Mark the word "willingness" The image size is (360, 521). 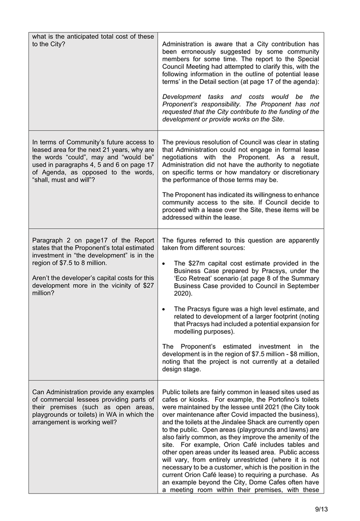(x=266, y=195)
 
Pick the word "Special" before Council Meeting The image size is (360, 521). (x=305, y=59)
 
